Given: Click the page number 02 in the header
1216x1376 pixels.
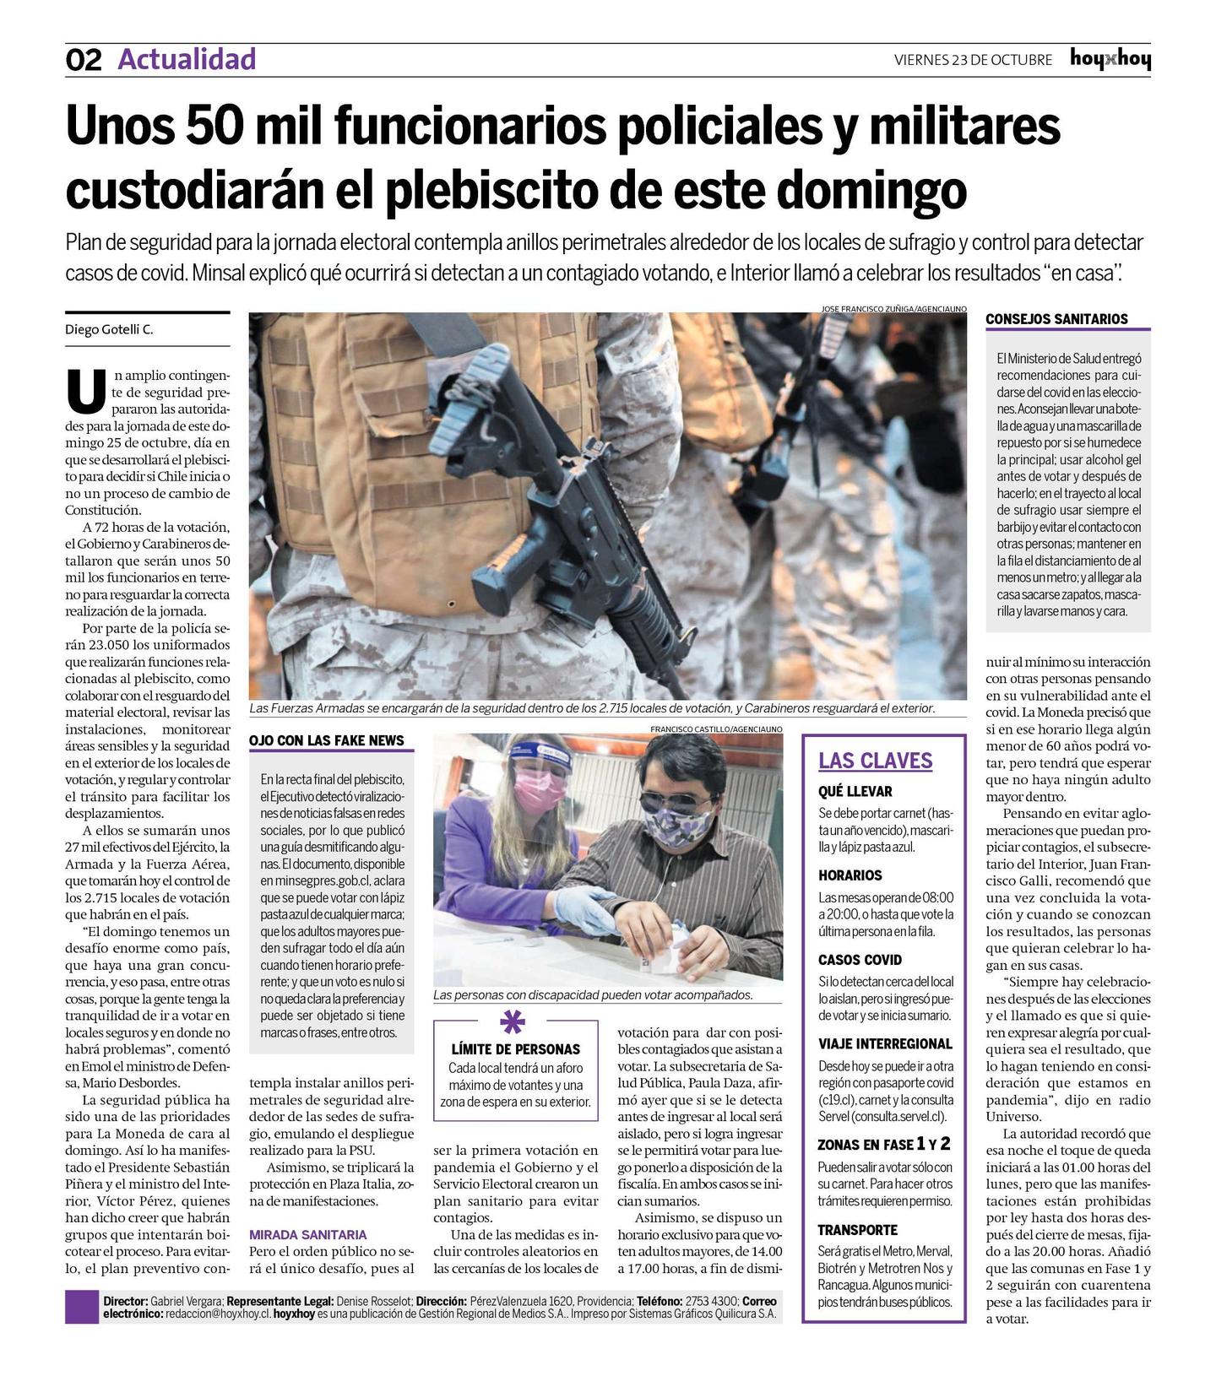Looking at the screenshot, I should (83, 60).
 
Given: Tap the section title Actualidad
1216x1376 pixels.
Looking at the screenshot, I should (187, 59).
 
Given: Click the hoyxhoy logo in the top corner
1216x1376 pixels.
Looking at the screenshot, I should (1110, 59).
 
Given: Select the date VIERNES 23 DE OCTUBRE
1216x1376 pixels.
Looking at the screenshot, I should (973, 60).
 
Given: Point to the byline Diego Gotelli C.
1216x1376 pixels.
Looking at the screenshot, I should (110, 330).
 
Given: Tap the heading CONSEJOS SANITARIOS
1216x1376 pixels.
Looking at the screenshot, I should (1056, 319).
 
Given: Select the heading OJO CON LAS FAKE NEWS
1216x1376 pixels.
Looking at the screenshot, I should (326, 740).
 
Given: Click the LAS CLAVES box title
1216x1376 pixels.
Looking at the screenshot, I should (875, 761).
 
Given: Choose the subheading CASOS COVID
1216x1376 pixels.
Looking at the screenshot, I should (860, 959).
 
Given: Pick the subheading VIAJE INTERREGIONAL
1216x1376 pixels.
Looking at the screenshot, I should (885, 1043).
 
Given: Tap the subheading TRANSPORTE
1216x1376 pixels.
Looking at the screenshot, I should (857, 1230).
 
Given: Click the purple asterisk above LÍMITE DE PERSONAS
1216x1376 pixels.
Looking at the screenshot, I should (513, 1022).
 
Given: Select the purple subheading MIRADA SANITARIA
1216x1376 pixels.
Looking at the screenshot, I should (308, 1234).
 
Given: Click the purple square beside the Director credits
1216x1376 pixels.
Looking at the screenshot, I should (82, 1307).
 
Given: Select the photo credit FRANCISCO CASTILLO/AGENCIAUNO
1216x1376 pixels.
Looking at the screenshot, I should (716, 729).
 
